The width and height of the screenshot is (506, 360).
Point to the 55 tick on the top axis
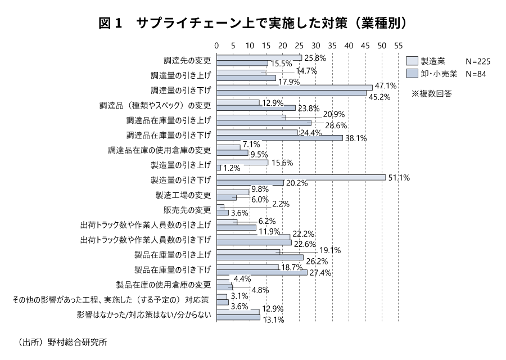point(399,45)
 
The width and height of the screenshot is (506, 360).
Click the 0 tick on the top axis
point(217,45)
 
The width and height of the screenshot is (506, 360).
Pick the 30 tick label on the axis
point(316,45)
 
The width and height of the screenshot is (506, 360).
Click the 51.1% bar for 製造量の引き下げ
point(301,177)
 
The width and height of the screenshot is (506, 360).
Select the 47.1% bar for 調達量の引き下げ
point(295,87)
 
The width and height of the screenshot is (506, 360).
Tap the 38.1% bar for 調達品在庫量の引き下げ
point(279,138)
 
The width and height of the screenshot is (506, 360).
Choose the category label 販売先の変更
point(187,211)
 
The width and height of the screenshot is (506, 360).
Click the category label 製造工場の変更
point(183,196)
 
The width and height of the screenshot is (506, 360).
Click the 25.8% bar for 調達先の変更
point(259,57)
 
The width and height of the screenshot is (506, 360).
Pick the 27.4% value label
point(319,273)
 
